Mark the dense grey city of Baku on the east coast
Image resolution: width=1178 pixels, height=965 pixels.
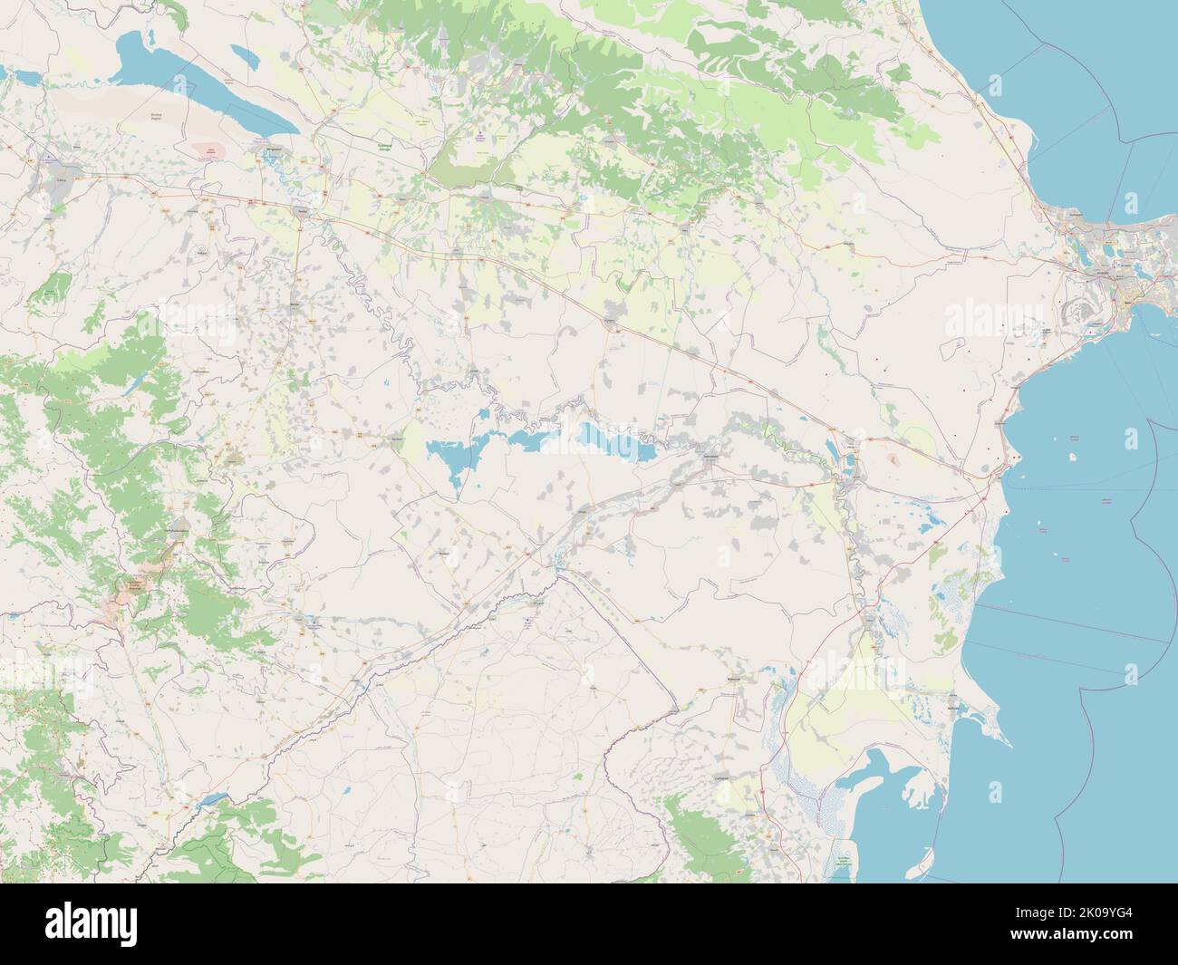1101,272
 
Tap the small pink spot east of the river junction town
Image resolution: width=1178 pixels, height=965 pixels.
895,459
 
